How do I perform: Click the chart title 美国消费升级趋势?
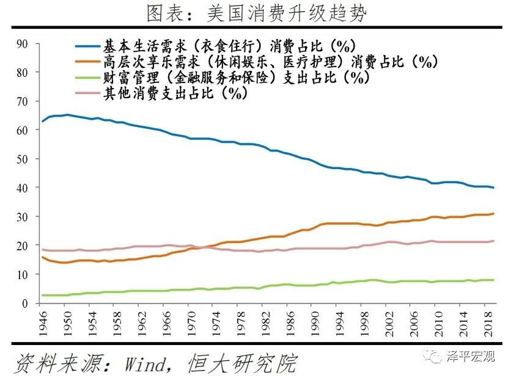point(256,12)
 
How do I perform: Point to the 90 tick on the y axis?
point(23,43)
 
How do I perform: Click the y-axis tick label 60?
point(23,130)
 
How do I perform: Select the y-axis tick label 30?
point(23,217)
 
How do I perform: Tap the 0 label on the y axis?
point(26,303)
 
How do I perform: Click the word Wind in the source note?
point(144,363)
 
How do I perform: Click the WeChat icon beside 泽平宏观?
point(435,357)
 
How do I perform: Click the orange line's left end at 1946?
point(42,257)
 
